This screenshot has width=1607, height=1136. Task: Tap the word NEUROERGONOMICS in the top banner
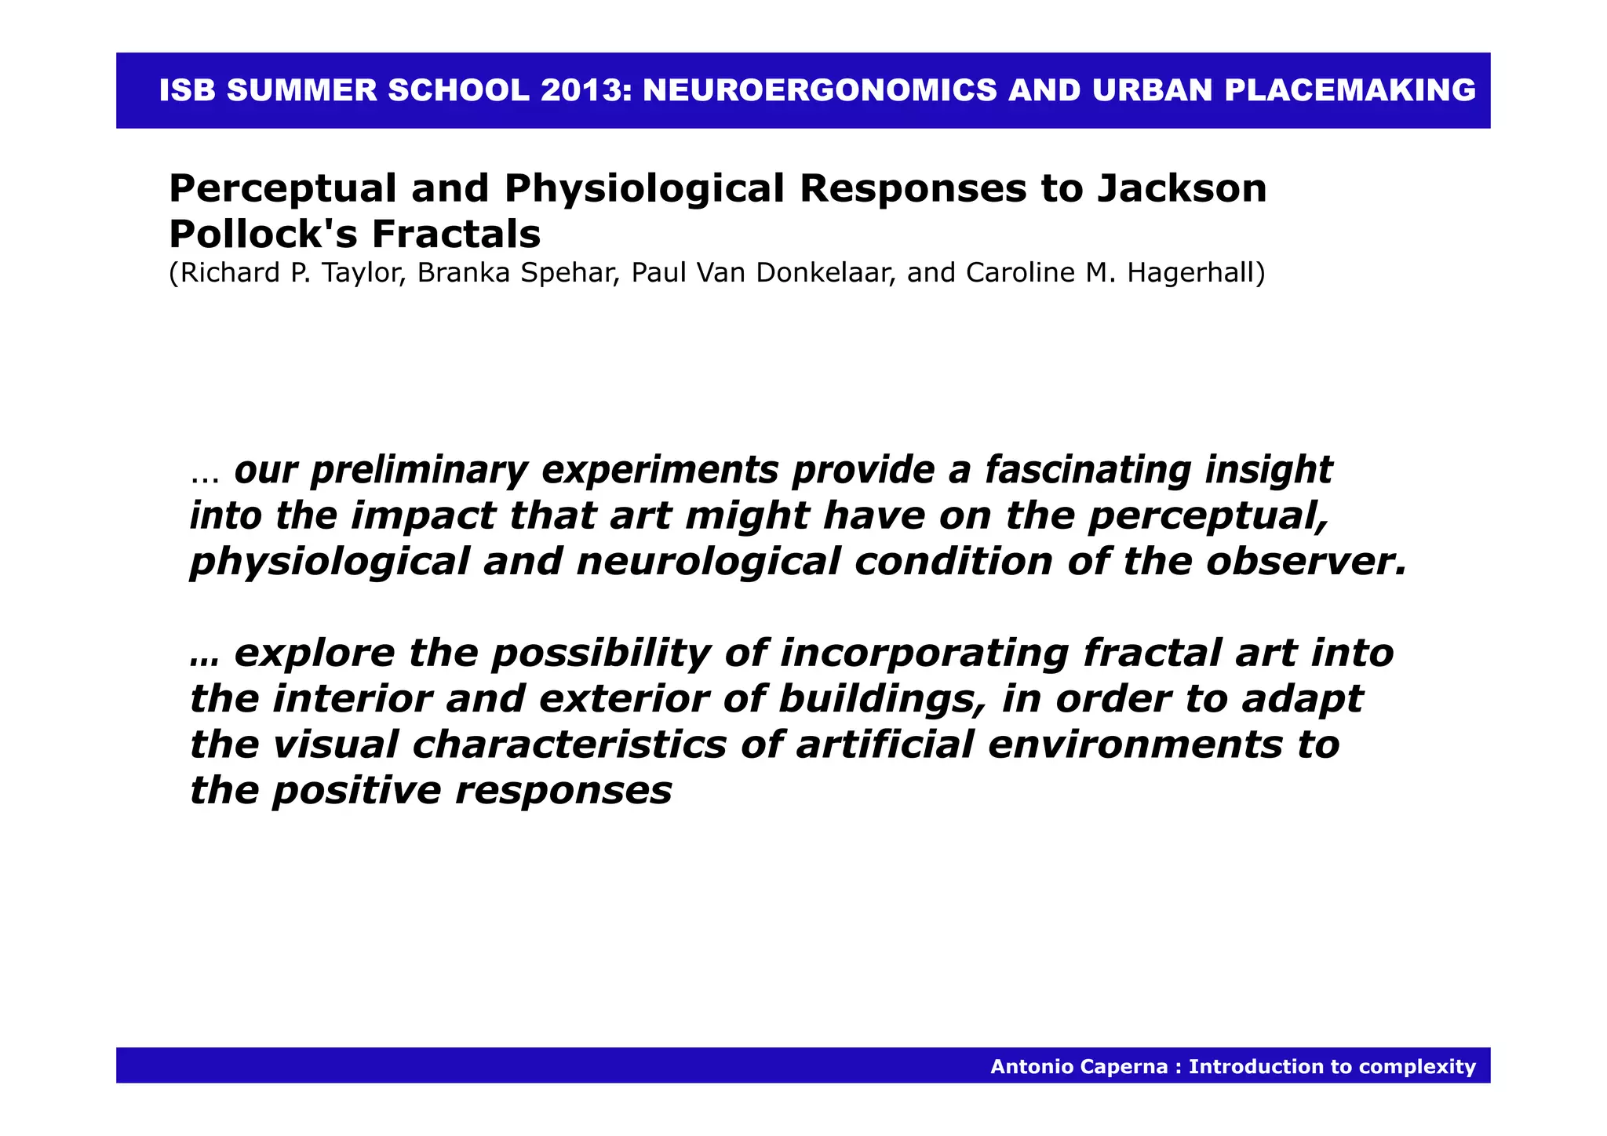coord(820,90)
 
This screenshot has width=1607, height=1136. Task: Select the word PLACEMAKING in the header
coord(1350,90)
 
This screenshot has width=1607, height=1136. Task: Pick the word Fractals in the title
coord(456,233)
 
